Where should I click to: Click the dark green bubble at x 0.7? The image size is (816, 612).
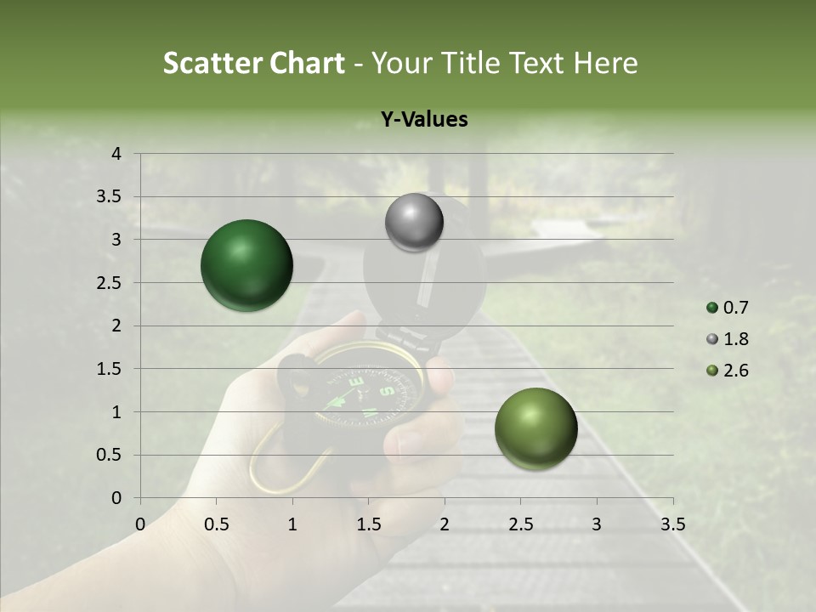point(246,265)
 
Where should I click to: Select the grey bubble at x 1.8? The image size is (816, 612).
point(414,223)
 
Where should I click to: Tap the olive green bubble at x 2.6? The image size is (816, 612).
point(535,428)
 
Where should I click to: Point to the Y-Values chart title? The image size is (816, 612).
point(423,120)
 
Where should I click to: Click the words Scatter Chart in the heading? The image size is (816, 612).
point(253,63)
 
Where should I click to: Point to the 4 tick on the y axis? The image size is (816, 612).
point(117,154)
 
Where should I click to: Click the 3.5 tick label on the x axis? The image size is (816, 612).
point(672,524)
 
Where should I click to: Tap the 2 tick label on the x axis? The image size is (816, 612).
point(445,524)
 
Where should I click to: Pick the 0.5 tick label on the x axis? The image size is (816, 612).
point(216,524)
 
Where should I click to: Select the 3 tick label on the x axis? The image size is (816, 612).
point(596,524)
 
